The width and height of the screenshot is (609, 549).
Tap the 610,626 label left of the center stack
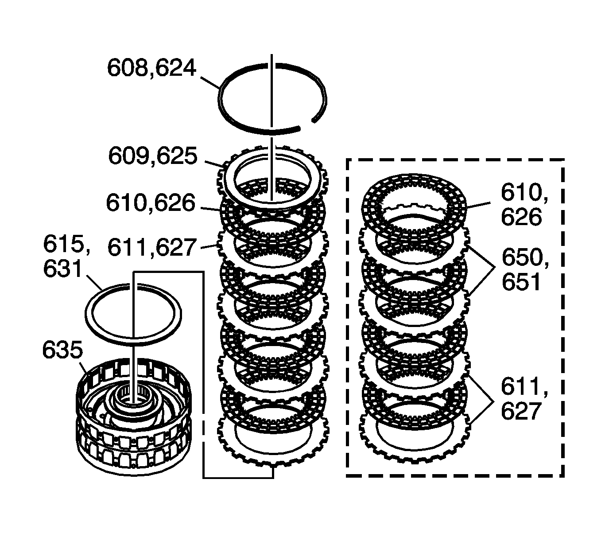[x=151, y=203]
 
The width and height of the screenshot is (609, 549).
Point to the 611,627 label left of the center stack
[x=151, y=247]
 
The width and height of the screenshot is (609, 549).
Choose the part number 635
[x=62, y=350]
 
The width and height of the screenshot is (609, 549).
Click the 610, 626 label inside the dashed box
[x=521, y=205]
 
